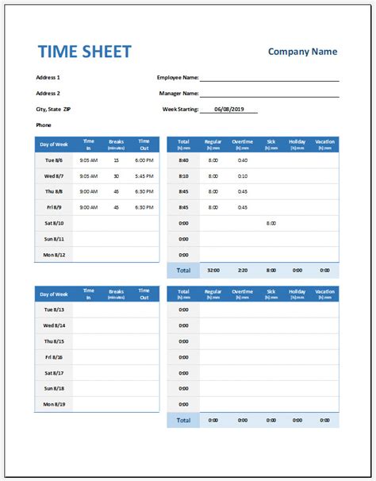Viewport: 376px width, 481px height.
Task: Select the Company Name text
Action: [302, 52]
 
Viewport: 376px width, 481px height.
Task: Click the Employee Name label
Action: [178, 78]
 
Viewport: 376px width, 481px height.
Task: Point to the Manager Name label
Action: [178, 94]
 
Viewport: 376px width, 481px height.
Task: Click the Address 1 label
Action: [48, 78]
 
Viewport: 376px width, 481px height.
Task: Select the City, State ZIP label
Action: [53, 110]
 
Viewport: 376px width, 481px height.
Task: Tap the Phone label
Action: [44, 125]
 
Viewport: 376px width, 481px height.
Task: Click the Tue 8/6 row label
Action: [54, 160]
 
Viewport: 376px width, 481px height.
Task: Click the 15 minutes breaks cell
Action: [117, 160]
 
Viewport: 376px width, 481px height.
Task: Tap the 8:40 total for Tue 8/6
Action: [183, 160]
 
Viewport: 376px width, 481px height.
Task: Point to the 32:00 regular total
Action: [213, 271]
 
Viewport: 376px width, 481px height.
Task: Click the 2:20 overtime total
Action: [242, 271]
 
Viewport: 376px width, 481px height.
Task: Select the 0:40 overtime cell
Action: [242, 160]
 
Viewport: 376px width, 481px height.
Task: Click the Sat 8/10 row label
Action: [54, 223]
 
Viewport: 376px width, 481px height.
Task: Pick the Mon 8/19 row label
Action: [54, 404]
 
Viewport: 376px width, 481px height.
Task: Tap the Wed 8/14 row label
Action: [54, 325]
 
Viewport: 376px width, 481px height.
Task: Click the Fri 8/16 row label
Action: [54, 357]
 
